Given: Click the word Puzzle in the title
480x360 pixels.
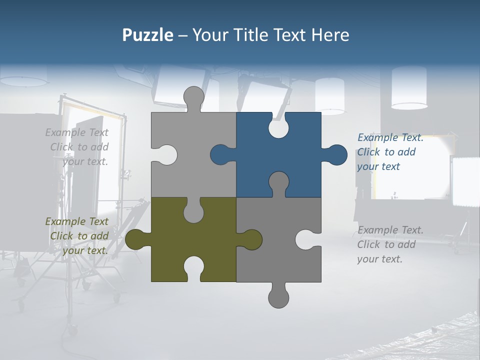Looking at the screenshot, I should coord(148,35).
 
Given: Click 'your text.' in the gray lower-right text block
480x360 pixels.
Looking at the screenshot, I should coord(379,259).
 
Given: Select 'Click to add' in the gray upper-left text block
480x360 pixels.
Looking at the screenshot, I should coord(79,147).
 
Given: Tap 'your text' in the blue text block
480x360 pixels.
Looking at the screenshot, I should coord(378,166).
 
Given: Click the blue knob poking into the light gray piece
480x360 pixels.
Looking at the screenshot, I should coord(221,154).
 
